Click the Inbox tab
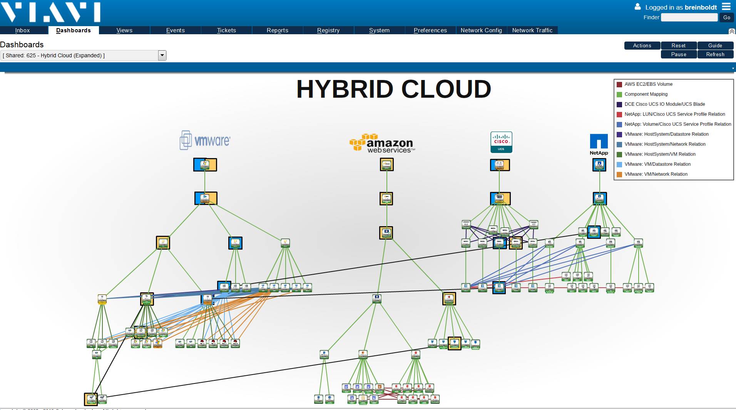click(x=22, y=30)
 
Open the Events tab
click(x=175, y=30)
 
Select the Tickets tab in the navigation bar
click(x=226, y=30)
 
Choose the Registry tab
click(x=328, y=30)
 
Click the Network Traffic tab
click(x=532, y=30)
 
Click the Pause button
click(x=679, y=55)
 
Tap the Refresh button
click(x=715, y=55)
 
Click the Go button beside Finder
click(x=726, y=17)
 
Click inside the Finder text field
click(x=689, y=17)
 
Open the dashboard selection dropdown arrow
click(x=162, y=55)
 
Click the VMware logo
click(x=205, y=140)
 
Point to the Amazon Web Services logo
click(x=382, y=143)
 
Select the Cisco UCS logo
click(x=501, y=142)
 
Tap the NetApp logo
click(x=599, y=145)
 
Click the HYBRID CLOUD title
click(x=393, y=89)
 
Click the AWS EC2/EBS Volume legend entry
click(x=648, y=84)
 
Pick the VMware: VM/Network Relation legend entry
click(x=656, y=174)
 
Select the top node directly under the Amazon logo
click(x=386, y=165)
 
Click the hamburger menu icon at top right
click(x=726, y=7)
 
